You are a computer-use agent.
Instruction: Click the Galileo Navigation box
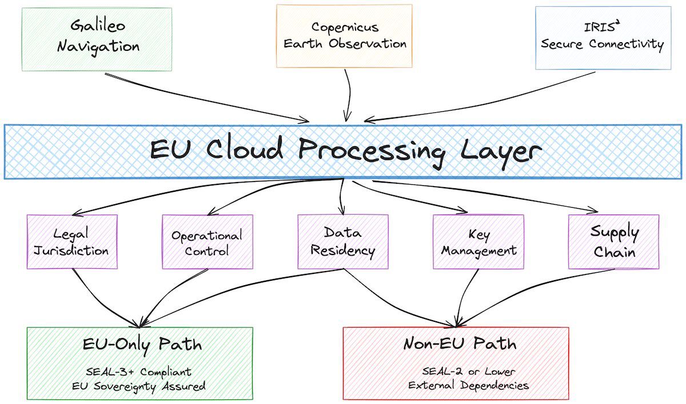[x=97, y=39]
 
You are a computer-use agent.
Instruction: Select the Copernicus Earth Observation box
[x=344, y=35]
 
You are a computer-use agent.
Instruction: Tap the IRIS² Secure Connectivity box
[x=603, y=38]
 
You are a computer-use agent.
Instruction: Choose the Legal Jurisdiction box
[x=72, y=241]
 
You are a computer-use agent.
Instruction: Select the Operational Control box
[x=207, y=242]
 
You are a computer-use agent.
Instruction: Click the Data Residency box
[x=342, y=241]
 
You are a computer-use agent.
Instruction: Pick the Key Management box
[x=478, y=242]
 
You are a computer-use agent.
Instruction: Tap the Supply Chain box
[x=613, y=241]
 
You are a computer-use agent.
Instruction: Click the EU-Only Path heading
[x=142, y=344]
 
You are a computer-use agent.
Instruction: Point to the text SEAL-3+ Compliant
[x=140, y=371]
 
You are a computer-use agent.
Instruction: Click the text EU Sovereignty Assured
[x=140, y=386]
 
